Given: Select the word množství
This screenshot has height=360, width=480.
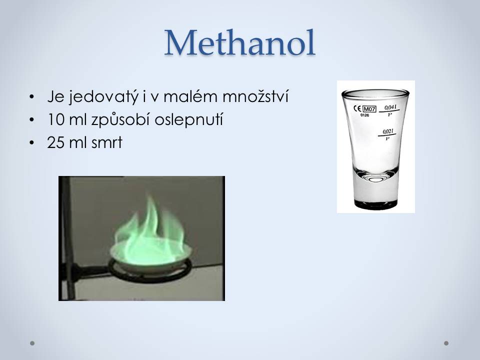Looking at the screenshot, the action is tap(255, 96).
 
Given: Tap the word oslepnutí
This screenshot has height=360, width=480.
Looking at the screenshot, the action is tap(188, 119).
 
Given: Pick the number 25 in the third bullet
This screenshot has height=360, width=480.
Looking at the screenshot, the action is tap(55, 142).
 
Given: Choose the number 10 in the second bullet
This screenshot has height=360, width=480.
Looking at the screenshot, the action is tap(55, 119).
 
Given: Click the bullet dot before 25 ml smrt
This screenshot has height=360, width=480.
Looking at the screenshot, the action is tap(31, 143).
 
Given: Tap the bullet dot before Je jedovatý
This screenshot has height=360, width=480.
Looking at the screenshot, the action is tap(31, 97).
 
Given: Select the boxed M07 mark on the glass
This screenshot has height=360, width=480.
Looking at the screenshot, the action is tap(369, 109).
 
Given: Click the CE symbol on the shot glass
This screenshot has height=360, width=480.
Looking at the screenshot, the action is tap(357, 108).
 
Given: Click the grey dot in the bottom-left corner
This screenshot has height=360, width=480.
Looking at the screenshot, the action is tap(32, 343).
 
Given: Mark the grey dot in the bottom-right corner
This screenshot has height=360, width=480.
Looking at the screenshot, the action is tap(446, 343).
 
